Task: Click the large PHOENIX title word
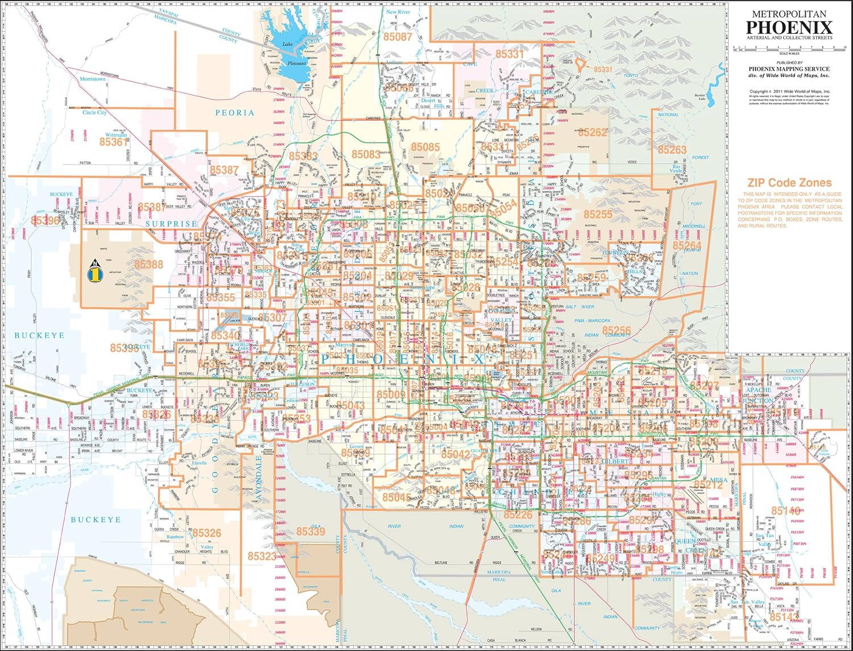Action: pos(789,27)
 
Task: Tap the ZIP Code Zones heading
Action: pos(789,183)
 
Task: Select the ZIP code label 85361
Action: pos(114,142)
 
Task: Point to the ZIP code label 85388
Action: pos(148,265)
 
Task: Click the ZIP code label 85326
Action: pos(206,533)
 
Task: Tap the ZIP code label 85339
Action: pos(310,531)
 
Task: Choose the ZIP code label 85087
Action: pos(397,37)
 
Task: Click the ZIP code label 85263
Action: pos(672,150)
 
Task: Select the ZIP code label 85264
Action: pos(687,246)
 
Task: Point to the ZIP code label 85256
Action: pos(616,331)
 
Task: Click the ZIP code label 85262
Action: pos(593,133)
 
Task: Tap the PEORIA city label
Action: pos(234,113)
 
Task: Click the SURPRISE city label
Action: pos(171,224)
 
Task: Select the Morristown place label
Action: pos(93,79)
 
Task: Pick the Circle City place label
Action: pos(94,113)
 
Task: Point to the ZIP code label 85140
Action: pos(786,511)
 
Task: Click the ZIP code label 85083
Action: pos(366,155)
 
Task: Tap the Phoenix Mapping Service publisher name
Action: pos(789,69)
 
